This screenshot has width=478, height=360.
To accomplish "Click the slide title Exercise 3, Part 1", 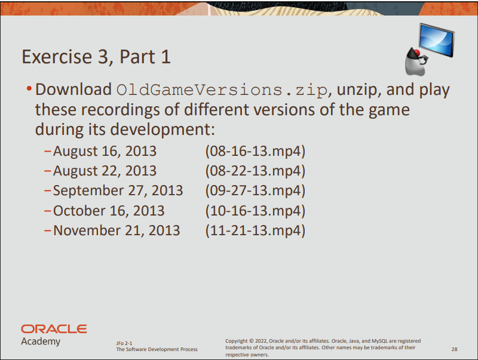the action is click(96, 57).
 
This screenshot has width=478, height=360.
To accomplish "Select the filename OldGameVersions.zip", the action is click(222, 90).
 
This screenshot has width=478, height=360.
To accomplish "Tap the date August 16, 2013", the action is click(105, 152).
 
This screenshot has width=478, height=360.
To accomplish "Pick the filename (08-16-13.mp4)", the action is click(255, 151).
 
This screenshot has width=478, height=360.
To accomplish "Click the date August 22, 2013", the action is click(105, 171).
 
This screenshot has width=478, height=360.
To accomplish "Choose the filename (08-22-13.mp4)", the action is click(255, 171).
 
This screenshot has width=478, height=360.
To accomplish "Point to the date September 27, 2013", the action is click(118, 191).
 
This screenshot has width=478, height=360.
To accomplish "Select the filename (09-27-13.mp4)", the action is click(255, 190).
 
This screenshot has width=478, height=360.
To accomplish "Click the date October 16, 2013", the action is click(109, 211).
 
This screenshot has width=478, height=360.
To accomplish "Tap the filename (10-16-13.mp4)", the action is click(255, 211).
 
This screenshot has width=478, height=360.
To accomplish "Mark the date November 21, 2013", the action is click(117, 230).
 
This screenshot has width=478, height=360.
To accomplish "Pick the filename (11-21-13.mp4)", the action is click(255, 230).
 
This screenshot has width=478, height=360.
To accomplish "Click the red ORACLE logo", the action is click(54, 329).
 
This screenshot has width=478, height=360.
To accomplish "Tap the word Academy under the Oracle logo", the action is click(41, 341).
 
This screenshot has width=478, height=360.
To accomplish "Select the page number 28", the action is click(454, 349).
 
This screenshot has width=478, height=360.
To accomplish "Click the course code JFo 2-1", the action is click(124, 343).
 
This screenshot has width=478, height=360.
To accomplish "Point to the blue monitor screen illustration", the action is click(437, 40).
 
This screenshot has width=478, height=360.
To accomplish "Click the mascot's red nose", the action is click(416, 53).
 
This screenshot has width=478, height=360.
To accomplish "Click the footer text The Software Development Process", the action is click(157, 349).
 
